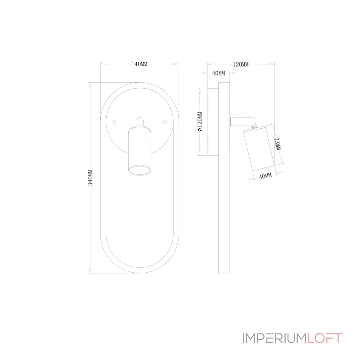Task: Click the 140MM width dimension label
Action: [139, 64]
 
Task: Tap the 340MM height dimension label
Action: [90, 178]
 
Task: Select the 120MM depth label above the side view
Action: [241, 64]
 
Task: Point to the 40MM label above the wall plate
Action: [219, 73]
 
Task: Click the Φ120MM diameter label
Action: [200, 121]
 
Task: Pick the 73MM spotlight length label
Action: [278, 144]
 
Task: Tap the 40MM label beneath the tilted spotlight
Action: [265, 176]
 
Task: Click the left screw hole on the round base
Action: [114, 121]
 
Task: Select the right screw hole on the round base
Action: [165, 121]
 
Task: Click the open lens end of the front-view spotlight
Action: [139, 170]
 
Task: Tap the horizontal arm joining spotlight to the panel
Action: [242, 121]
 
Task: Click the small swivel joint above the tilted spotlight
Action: [254, 126]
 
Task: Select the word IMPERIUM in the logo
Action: [274, 338]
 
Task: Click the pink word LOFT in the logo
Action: [324, 338]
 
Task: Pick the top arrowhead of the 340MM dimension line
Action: [90, 85]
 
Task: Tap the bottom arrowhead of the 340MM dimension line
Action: [90, 271]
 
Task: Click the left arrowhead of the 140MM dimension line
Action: [103, 64]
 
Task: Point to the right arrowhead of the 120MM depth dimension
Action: [272, 64]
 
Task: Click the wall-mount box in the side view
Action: [213, 121]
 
